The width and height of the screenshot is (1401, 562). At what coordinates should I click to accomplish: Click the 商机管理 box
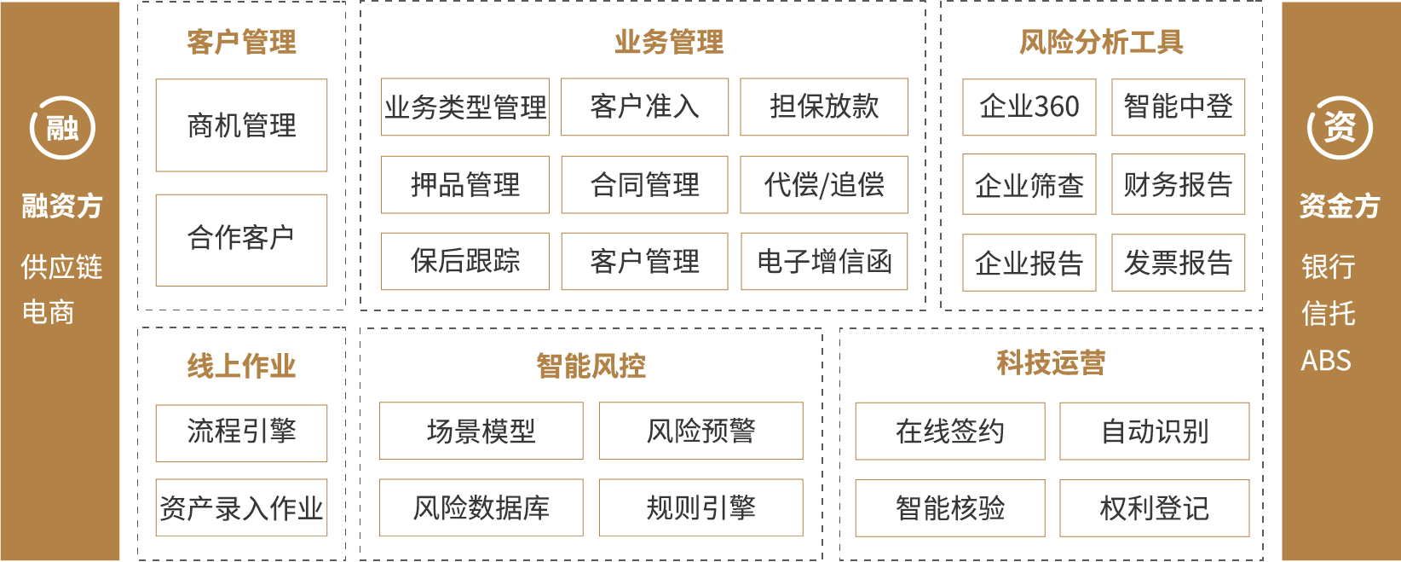tap(241, 125)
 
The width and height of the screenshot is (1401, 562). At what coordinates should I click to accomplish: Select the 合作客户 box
tap(241, 240)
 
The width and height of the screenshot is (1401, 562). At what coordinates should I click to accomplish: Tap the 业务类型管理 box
tap(465, 107)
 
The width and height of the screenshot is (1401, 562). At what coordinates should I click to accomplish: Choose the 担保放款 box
tap(824, 107)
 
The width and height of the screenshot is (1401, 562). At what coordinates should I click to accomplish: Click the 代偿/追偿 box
tap(824, 184)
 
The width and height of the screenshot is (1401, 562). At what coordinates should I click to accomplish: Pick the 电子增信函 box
tap(824, 261)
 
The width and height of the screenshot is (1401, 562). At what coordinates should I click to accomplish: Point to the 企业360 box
tap(1029, 107)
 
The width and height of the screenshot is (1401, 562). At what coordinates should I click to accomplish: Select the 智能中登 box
tap(1178, 107)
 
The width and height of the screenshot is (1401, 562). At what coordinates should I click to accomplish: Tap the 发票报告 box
tap(1178, 263)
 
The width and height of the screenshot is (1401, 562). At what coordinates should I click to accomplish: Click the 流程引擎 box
tap(241, 432)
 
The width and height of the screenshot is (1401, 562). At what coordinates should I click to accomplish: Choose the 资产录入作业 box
tap(241, 508)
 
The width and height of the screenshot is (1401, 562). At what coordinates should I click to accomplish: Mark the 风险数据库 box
tap(481, 508)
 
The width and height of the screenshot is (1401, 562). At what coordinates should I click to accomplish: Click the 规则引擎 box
tap(700, 508)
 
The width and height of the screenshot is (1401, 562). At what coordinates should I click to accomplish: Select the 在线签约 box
tap(949, 432)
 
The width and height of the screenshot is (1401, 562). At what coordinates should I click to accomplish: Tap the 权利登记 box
tap(1154, 508)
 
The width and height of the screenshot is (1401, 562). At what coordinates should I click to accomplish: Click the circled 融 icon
tap(62, 129)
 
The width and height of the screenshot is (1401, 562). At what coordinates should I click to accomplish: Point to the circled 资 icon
tap(1339, 129)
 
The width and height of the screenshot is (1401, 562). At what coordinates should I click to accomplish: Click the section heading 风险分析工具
tap(1101, 42)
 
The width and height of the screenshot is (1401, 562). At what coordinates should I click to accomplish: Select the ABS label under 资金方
tap(1326, 361)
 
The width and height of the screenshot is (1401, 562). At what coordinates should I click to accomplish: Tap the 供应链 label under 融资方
tap(61, 267)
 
